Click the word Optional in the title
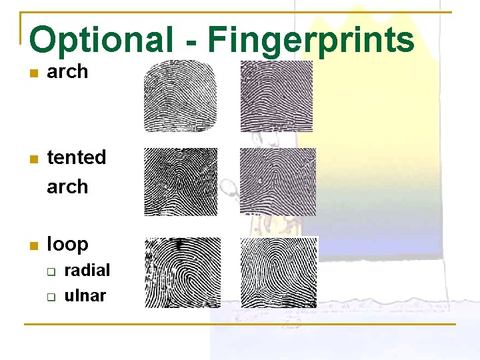pyautogui.click(x=101, y=40)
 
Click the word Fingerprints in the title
pyautogui.click(x=311, y=40)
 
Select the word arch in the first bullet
pyautogui.click(x=67, y=72)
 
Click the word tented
pyautogui.click(x=77, y=157)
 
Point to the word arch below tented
pyautogui.click(x=67, y=187)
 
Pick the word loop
pyautogui.click(x=67, y=244)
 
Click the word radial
pyautogui.click(x=87, y=270)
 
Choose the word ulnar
pyautogui.click(x=85, y=295)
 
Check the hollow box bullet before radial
pyautogui.click(x=50, y=271)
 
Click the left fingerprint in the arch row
pyautogui.click(x=181, y=96)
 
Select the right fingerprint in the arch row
pyautogui.click(x=276, y=96)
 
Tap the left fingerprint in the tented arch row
pyautogui.click(x=181, y=182)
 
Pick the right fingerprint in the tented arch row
pyautogui.click(x=277, y=182)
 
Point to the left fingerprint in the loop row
pyautogui.click(x=183, y=273)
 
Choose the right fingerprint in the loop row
pyautogui.click(x=278, y=273)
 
